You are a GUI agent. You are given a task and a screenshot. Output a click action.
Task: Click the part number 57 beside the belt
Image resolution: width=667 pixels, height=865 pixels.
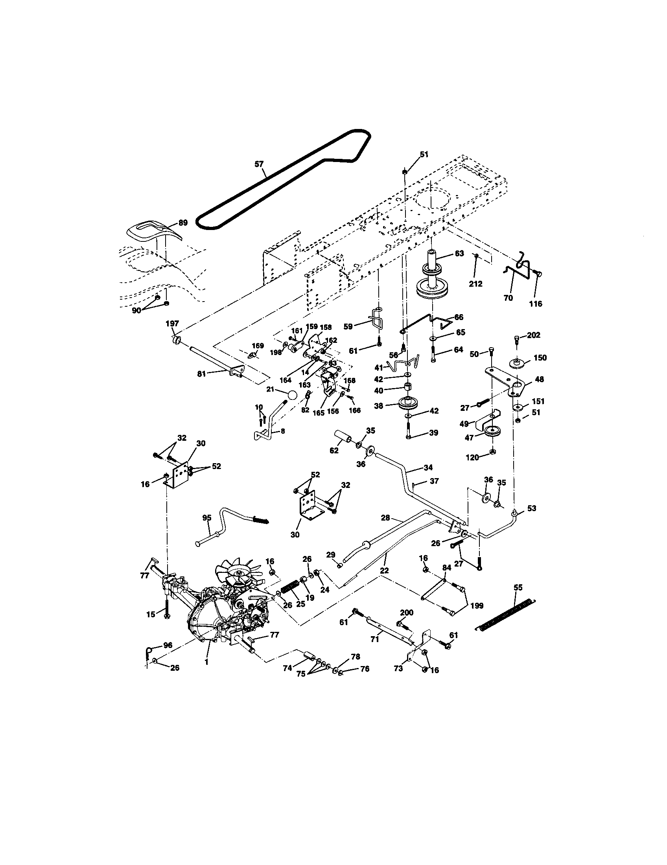[x=259, y=164]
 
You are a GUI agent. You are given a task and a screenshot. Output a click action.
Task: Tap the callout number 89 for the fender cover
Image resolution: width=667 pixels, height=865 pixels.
[x=182, y=223]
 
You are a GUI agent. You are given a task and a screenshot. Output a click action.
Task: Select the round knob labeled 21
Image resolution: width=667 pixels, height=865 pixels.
[x=292, y=396]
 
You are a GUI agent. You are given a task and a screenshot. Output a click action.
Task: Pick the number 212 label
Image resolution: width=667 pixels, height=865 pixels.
[x=475, y=283]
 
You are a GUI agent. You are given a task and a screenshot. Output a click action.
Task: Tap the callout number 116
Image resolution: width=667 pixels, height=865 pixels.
[x=536, y=304]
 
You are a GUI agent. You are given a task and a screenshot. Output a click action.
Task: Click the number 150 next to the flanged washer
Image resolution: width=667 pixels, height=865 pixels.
[x=540, y=358]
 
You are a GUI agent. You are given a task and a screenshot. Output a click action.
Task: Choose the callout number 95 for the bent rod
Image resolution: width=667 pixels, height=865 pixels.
[x=207, y=518]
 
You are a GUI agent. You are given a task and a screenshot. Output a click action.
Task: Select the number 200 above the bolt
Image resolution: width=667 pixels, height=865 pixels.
[x=406, y=613]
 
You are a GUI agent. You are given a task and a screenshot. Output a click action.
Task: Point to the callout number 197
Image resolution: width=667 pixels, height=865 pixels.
[x=172, y=324]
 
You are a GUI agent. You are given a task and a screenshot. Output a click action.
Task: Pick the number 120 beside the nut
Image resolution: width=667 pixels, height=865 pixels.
[x=473, y=457]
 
